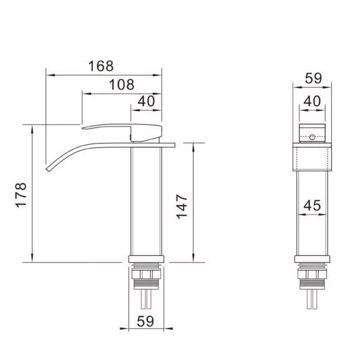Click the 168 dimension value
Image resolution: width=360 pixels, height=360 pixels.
coord(101,66)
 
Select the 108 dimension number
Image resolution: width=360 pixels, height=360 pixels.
coord(122,84)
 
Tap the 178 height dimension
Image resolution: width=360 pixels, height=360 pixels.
coord(21,195)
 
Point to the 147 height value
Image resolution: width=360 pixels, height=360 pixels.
coord(182,207)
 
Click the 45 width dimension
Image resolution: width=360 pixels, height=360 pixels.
coord(312,205)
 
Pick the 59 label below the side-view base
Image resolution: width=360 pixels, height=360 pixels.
coord(145,321)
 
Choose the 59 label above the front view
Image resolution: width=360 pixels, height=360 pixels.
coord(313,78)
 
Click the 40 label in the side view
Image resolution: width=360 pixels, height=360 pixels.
coord(146,101)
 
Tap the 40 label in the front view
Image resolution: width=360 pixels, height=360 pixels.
coord(312,101)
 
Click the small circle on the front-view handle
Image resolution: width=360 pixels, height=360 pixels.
coord(312,137)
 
